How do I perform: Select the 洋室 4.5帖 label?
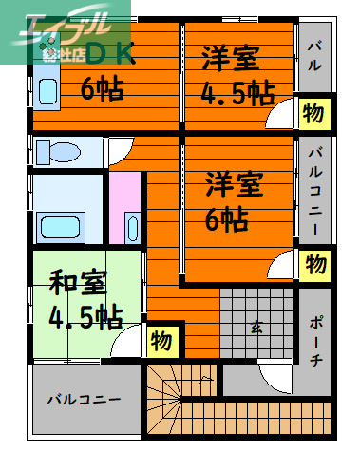pyautogui.click(x=237, y=76)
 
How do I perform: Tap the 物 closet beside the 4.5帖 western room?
pyautogui.click(x=313, y=111)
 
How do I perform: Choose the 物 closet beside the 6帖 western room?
pyautogui.click(x=316, y=263)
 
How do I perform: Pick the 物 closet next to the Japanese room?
pyautogui.click(x=161, y=339)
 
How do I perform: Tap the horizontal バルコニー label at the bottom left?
pyautogui.click(x=85, y=399)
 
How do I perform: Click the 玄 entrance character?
pyautogui.click(x=256, y=328)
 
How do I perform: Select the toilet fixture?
pyautogui.click(x=58, y=151)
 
